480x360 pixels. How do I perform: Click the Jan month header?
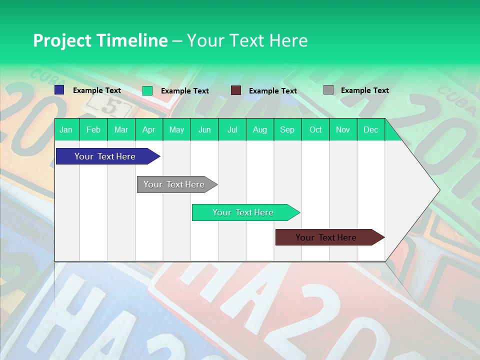(66, 129)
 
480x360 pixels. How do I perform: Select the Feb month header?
(93, 129)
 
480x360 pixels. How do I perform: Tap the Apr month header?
(148, 129)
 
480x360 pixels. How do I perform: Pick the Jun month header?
(204, 129)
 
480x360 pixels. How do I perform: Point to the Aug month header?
(259, 129)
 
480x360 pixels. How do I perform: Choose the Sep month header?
(287, 129)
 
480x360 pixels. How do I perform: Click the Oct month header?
(315, 129)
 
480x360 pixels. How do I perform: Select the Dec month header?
(370, 129)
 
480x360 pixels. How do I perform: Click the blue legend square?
(59, 90)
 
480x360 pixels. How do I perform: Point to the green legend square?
(147, 90)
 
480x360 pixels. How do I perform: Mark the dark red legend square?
(236, 90)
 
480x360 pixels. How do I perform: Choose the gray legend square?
(328, 90)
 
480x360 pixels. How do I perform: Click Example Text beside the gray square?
(364, 90)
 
